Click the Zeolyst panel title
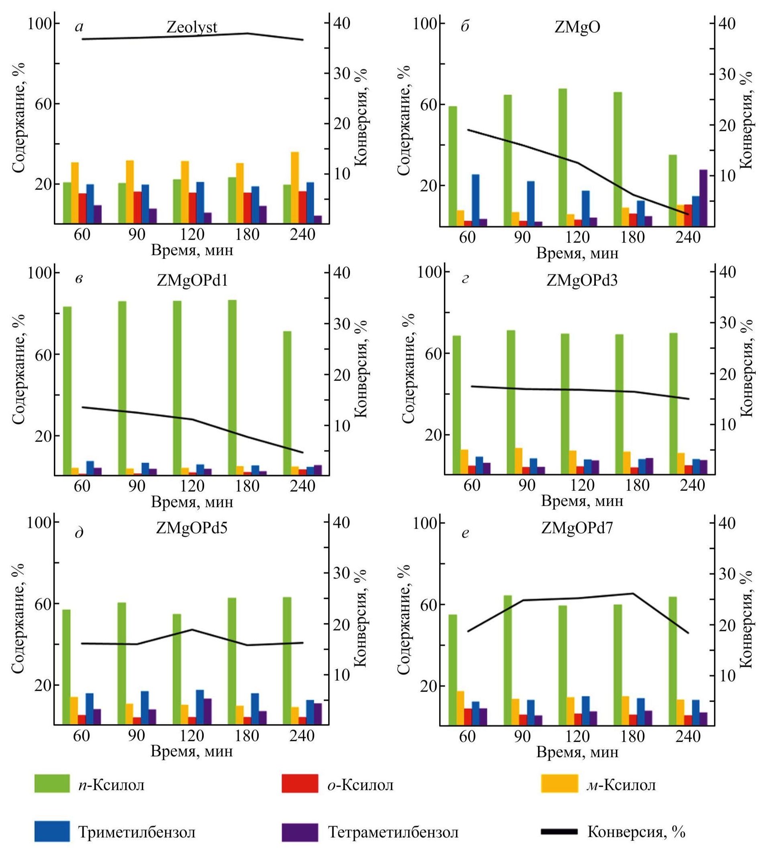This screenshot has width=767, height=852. [192, 27]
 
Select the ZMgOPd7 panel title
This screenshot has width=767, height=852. [577, 527]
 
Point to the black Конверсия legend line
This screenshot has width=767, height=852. [559, 831]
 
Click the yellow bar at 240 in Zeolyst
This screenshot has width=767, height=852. [295, 187]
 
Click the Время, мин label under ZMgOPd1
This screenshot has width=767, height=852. [192, 502]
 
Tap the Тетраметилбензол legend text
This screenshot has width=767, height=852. [393, 832]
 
